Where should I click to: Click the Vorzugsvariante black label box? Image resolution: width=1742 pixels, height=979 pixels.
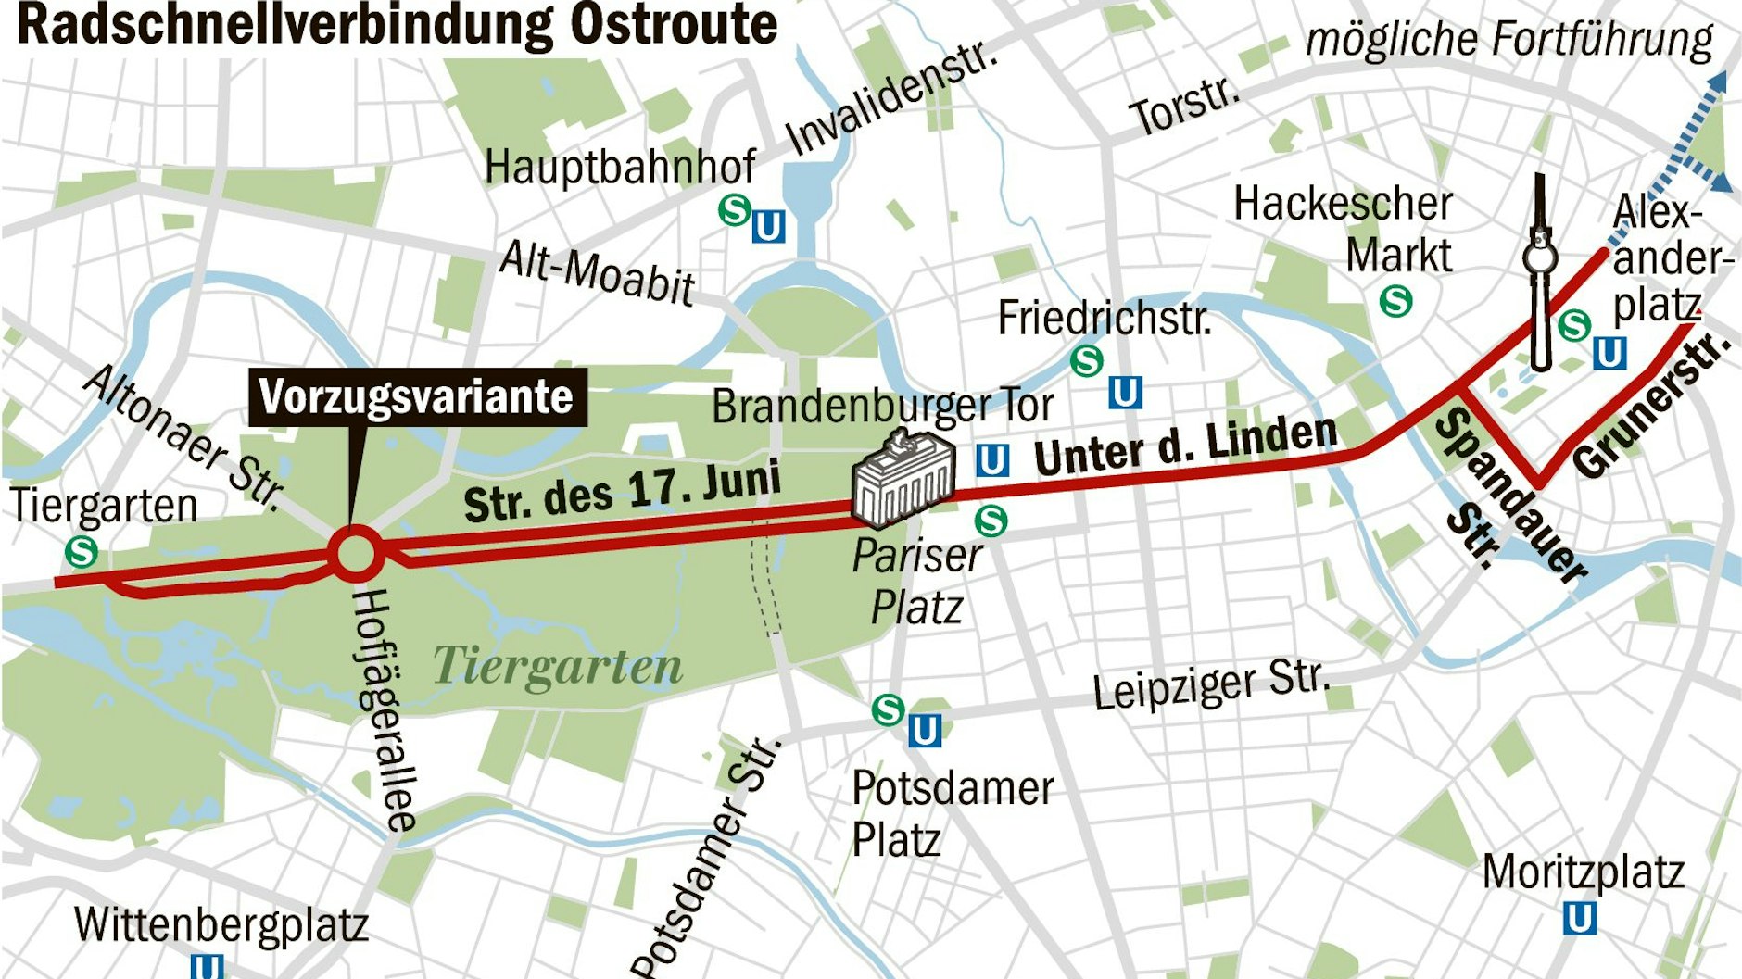pyautogui.click(x=417, y=397)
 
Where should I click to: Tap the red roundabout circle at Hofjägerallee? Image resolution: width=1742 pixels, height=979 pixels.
pyautogui.click(x=354, y=553)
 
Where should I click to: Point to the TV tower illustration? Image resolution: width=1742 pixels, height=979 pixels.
pyautogui.click(x=1540, y=273)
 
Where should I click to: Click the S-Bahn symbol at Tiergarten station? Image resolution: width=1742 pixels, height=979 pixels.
pyautogui.click(x=82, y=553)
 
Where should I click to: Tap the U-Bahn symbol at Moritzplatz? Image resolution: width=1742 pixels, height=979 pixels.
pyautogui.click(x=1579, y=919)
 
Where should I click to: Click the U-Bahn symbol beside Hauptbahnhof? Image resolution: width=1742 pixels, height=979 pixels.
pyautogui.click(x=768, y=226)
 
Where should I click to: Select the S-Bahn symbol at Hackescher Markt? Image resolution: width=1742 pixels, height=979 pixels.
pyautogui.click(x=1395, y=301)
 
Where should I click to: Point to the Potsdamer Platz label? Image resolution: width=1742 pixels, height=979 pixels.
pyautogui.click(x=951, y=813)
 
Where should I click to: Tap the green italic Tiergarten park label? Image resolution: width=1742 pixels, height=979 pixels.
pyautogui.click(x=557, y=666)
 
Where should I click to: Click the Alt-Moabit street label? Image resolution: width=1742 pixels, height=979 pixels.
pyautogui.click(x=597, y=273)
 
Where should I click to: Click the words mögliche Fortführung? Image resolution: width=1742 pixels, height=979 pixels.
pyautogui.click(x=1508, y=40)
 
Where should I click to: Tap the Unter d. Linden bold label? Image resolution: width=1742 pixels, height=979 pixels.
pyautogui.click(x=1185, y=445)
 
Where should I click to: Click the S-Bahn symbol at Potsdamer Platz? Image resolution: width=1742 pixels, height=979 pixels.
pyautogui.click(x=888, y=710)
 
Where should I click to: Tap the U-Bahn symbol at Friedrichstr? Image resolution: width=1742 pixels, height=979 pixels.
pyautogui.click(x=1124, y=393)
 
